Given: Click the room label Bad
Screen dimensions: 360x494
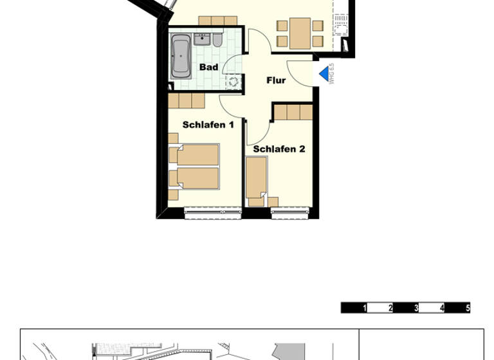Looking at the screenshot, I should [x=208, y=67].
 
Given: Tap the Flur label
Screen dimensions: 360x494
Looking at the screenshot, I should [x=276, y=80].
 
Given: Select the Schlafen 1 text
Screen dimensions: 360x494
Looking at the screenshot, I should [x=208, y=125].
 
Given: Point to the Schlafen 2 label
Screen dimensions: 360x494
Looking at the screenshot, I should [x=279, y=149].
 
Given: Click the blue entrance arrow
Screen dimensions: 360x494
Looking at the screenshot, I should [x=324, y=74].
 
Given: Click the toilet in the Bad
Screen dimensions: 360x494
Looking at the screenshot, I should [x=217, y=41].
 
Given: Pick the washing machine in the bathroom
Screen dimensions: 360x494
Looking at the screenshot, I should [x=232, y=81].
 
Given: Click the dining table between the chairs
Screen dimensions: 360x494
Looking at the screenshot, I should [x=300, y=33].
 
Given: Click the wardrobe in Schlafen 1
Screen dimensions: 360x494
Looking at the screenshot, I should [x=187, y=101].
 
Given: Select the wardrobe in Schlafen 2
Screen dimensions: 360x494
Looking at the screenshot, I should [x=293, y=113].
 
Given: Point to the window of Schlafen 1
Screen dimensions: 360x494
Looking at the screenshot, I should [x=212, y=210].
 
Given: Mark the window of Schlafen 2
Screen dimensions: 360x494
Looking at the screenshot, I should [x=290, y=210].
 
